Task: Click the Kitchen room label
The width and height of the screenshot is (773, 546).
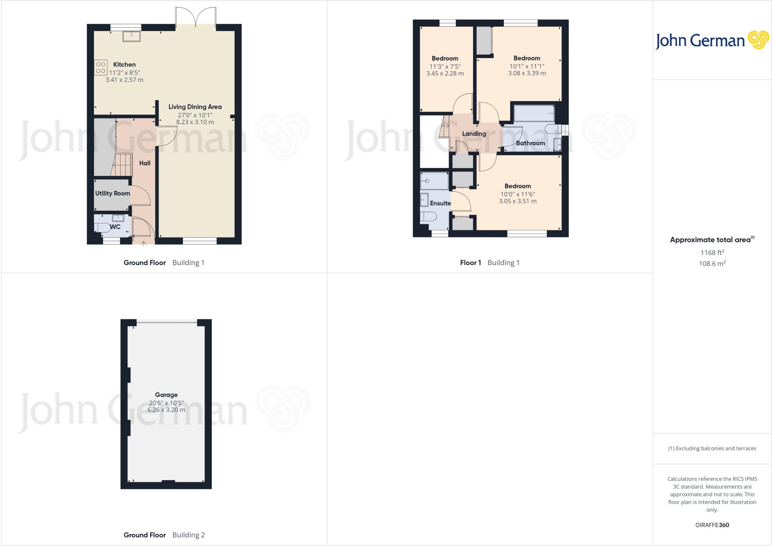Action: point(124,65)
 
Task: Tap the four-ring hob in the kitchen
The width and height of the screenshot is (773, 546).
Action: point(101,68)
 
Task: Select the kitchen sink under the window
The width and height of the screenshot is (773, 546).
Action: point(131,36)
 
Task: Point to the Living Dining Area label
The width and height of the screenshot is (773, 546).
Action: point(195,107)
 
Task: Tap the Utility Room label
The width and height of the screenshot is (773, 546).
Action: point(112,193)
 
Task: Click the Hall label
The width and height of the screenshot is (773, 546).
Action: point(145,163)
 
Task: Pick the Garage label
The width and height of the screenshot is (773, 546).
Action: point(166,395)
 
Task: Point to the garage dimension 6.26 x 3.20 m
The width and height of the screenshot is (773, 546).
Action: point(166,410)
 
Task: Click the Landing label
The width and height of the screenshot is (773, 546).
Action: point(474,134)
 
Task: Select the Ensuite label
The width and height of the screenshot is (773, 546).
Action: point(440,203)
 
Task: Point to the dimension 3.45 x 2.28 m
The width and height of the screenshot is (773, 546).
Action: point(445,73)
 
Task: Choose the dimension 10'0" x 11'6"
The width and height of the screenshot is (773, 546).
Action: point(517,194)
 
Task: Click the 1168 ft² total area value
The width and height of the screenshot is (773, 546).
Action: point(712,252)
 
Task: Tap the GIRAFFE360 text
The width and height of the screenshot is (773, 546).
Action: point(712,525)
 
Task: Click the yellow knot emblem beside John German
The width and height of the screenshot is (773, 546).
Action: point(758,40)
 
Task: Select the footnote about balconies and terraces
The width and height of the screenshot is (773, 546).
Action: point(712,449)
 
